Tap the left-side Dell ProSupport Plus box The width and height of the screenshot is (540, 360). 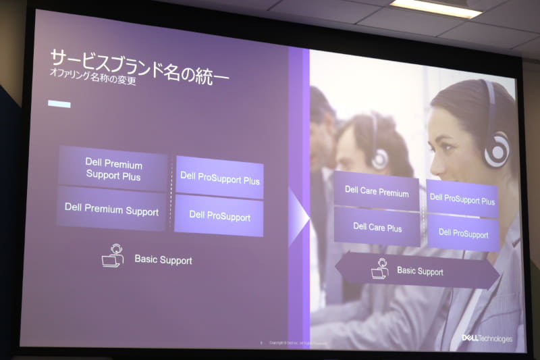(219, 179)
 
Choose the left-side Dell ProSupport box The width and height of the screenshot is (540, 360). (219, 216)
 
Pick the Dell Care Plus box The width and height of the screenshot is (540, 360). (377, 228)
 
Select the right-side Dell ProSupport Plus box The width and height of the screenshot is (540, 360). (462, 200)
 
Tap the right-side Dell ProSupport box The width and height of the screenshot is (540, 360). (463, 234)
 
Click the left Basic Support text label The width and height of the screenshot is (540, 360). (163, 259)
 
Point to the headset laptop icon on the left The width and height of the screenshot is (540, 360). (113, 256)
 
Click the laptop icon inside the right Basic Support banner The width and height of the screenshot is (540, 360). (380, 269)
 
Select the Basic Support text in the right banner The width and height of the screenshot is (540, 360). (420, 272)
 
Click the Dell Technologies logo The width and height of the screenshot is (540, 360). (487, 338)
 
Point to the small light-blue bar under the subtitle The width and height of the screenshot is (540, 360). (59, 104)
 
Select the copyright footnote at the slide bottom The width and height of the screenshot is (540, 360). (297, 343)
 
